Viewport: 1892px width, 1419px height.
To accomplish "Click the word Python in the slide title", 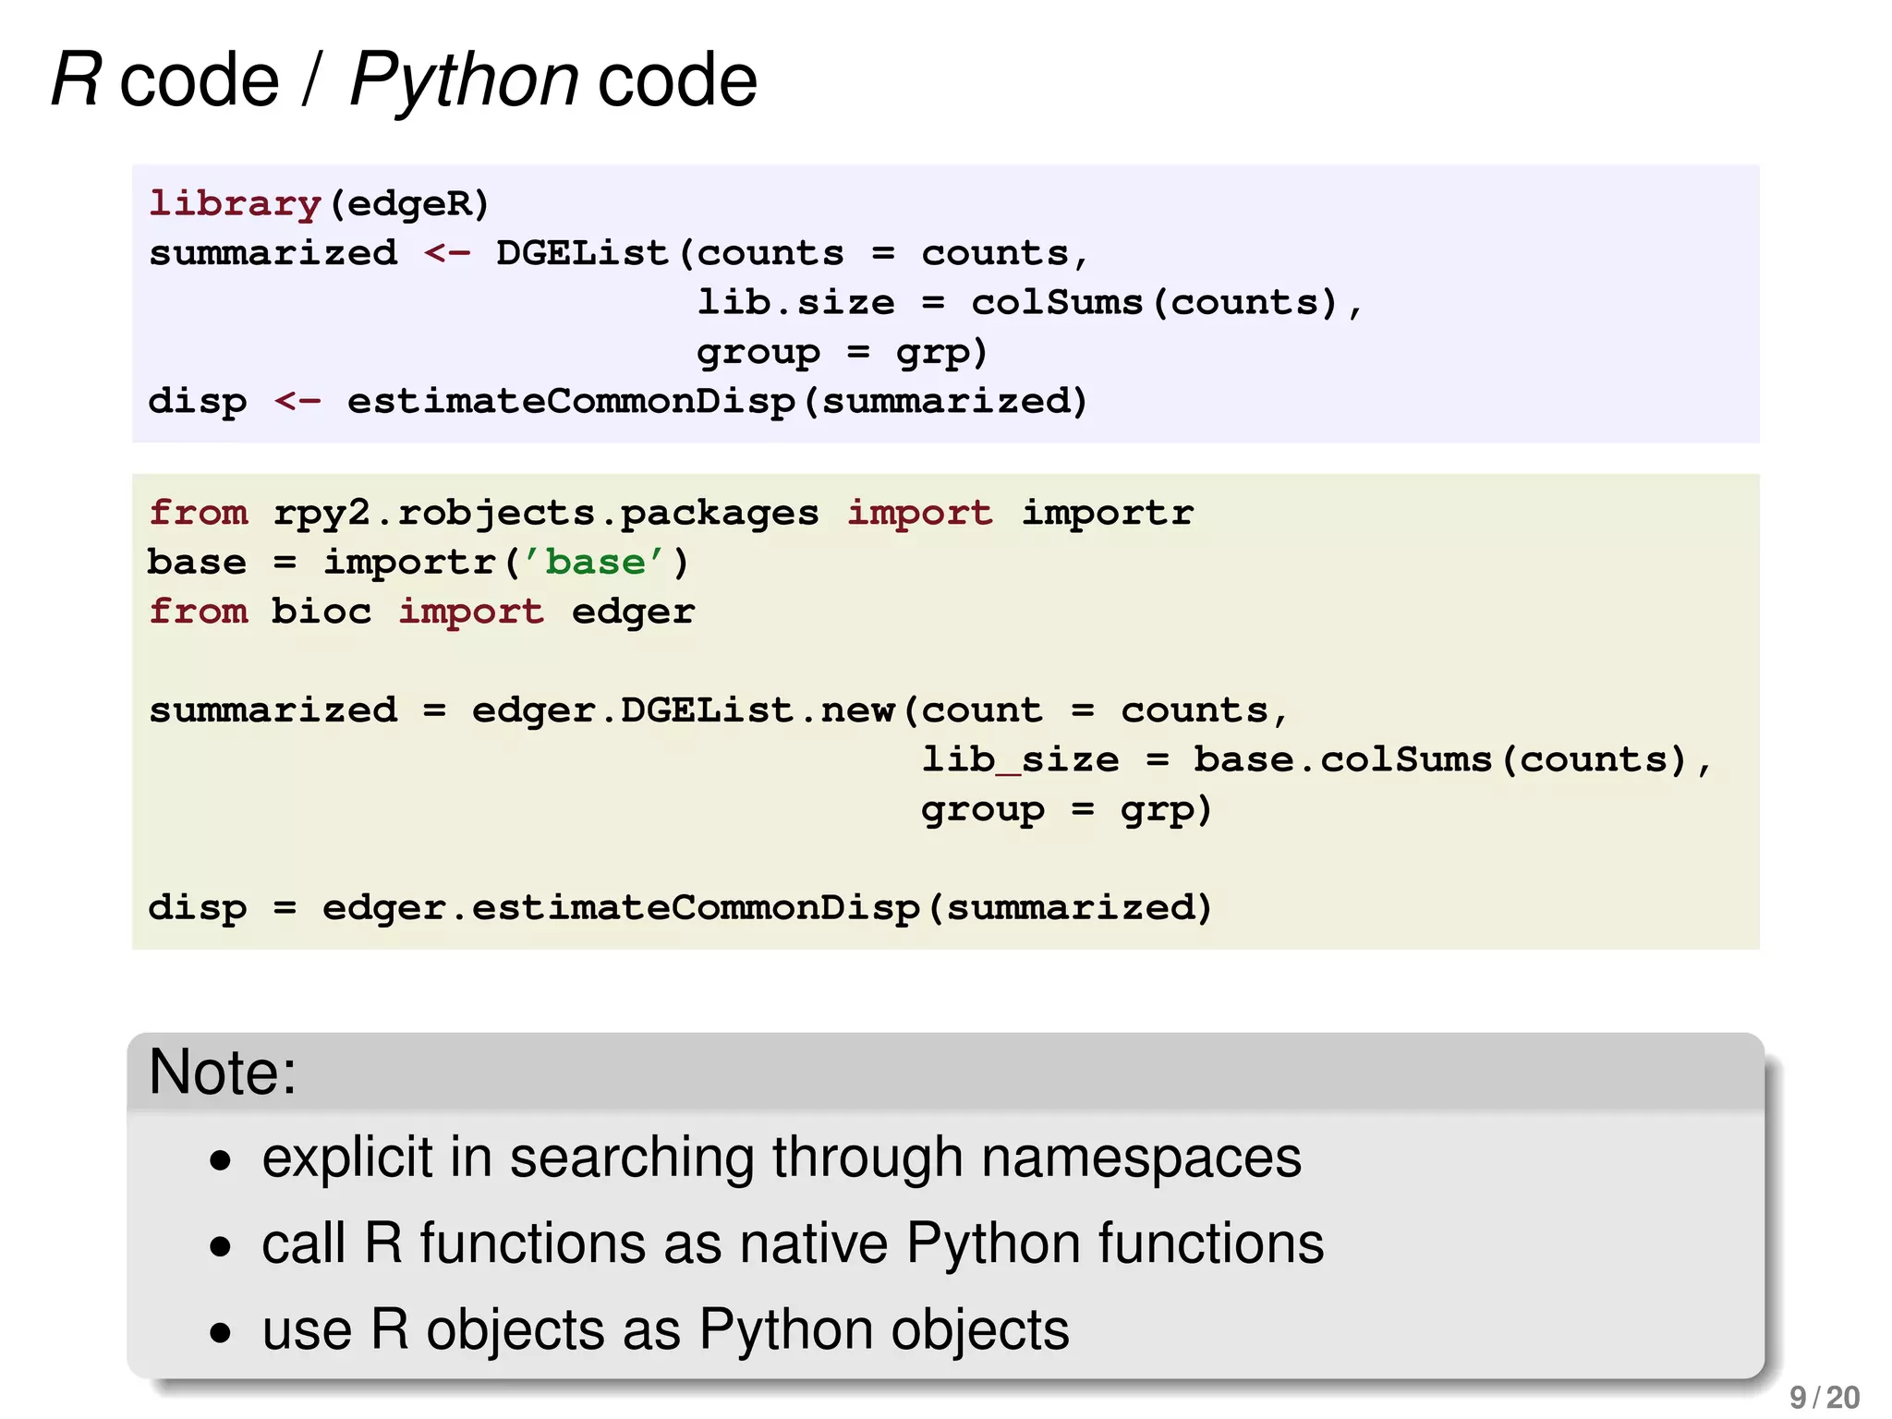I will click(x=464, y=80).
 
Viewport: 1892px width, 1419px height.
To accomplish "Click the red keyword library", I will click(x=235, y=203).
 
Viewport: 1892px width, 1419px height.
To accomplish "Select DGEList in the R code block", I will click(x=581, y=253).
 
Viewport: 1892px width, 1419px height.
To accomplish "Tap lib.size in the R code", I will click(x=795, y=302).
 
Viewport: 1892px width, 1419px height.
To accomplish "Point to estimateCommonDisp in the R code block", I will click(x=571, y=401).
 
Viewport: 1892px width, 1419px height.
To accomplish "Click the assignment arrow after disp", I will click(x=297, y=401).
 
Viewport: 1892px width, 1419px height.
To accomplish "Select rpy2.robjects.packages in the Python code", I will click(x=546, y=513).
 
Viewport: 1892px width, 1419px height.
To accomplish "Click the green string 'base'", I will click(x=595, y=562).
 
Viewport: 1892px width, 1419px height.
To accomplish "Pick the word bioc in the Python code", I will click(x=321, y=612).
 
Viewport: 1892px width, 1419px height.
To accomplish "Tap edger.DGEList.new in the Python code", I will click(x=683, y=710).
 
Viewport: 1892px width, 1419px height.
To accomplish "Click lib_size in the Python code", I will click(x=1020, y=759).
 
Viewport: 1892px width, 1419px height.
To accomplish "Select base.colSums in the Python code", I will click(x=1342, y=759).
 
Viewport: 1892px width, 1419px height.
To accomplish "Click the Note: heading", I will click(x=223, y=1072).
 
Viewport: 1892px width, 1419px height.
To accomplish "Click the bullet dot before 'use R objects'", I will click(x=220, y=1332).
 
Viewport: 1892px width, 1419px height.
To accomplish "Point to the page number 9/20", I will click(x=1824, y=1397).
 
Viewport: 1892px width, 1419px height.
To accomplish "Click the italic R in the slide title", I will click(x=76, y=80).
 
